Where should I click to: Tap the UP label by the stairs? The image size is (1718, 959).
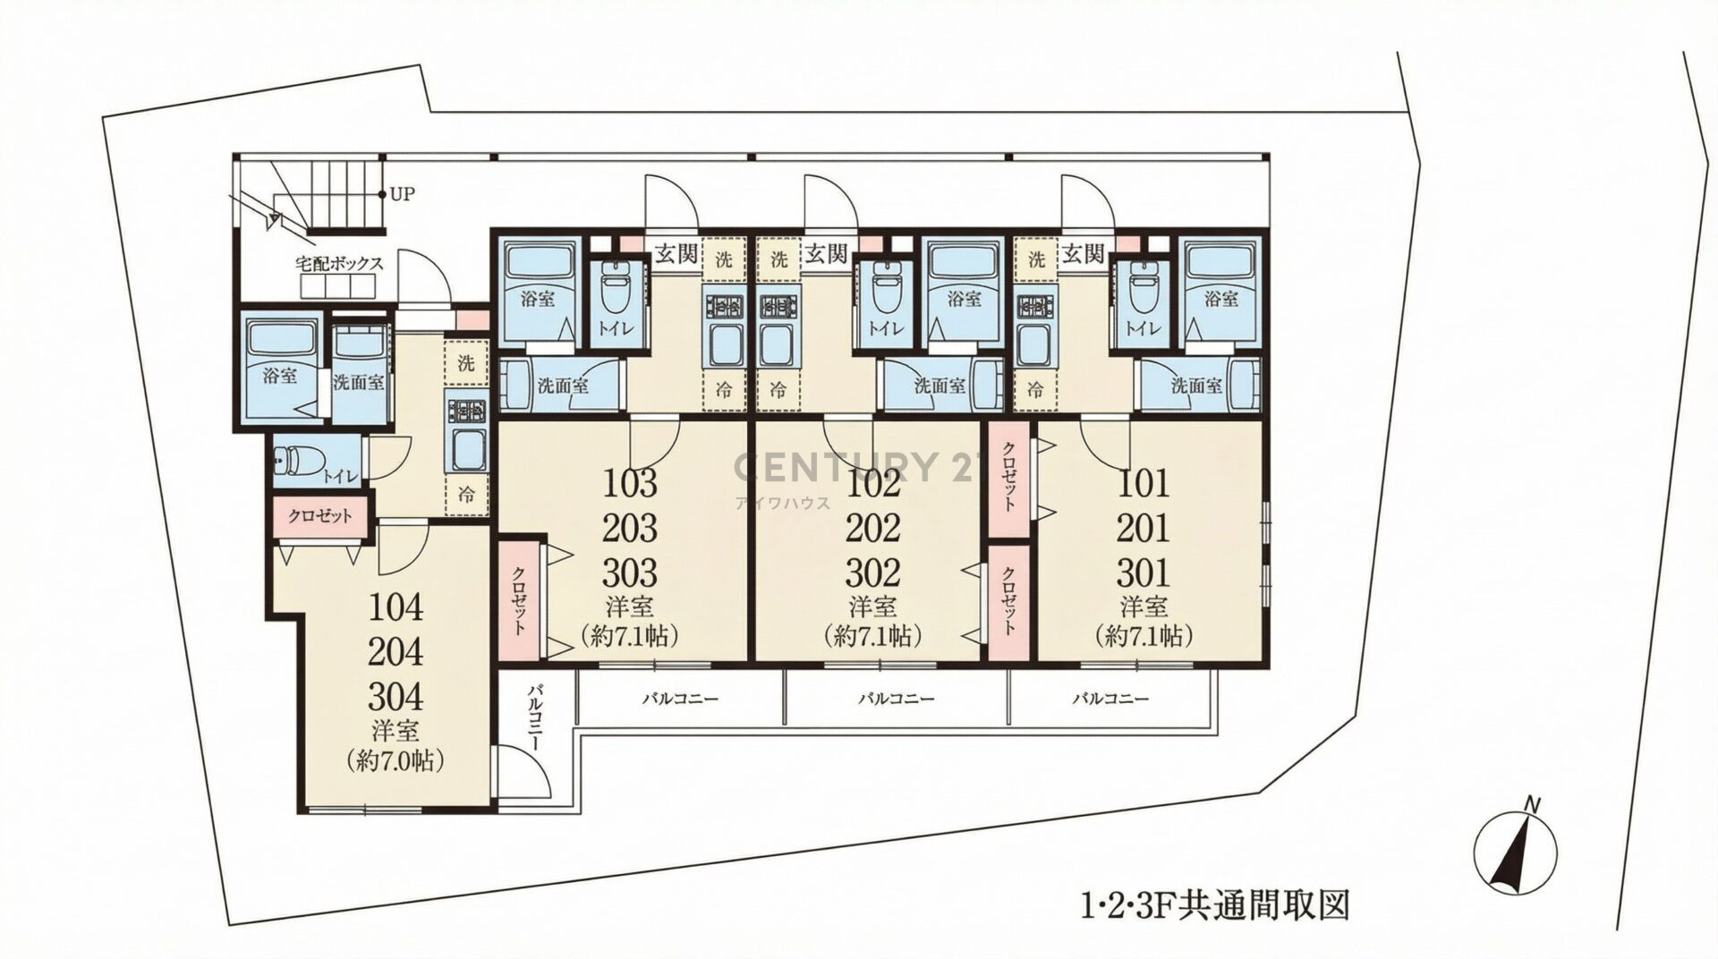[x=403, y=194]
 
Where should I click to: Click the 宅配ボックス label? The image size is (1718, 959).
[x=340, y=264]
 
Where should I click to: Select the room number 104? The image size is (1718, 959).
[x=397, y=608]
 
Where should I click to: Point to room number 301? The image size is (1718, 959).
[x=1144, y=572]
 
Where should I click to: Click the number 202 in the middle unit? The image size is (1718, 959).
[x=873, y=528]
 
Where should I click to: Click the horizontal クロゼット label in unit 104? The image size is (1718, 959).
[x=319, y=516]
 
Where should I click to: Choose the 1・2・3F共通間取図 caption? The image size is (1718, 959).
[x=1213, y=906]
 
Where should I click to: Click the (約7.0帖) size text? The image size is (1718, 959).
[x=396, y=761]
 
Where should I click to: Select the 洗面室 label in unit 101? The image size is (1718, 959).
[x=1197, y=386]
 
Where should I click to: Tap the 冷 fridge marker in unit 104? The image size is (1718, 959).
[x=466, y=493]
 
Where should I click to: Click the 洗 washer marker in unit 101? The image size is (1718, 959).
[x=1036, y=260]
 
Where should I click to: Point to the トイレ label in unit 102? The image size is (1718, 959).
[x=885, y=328]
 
